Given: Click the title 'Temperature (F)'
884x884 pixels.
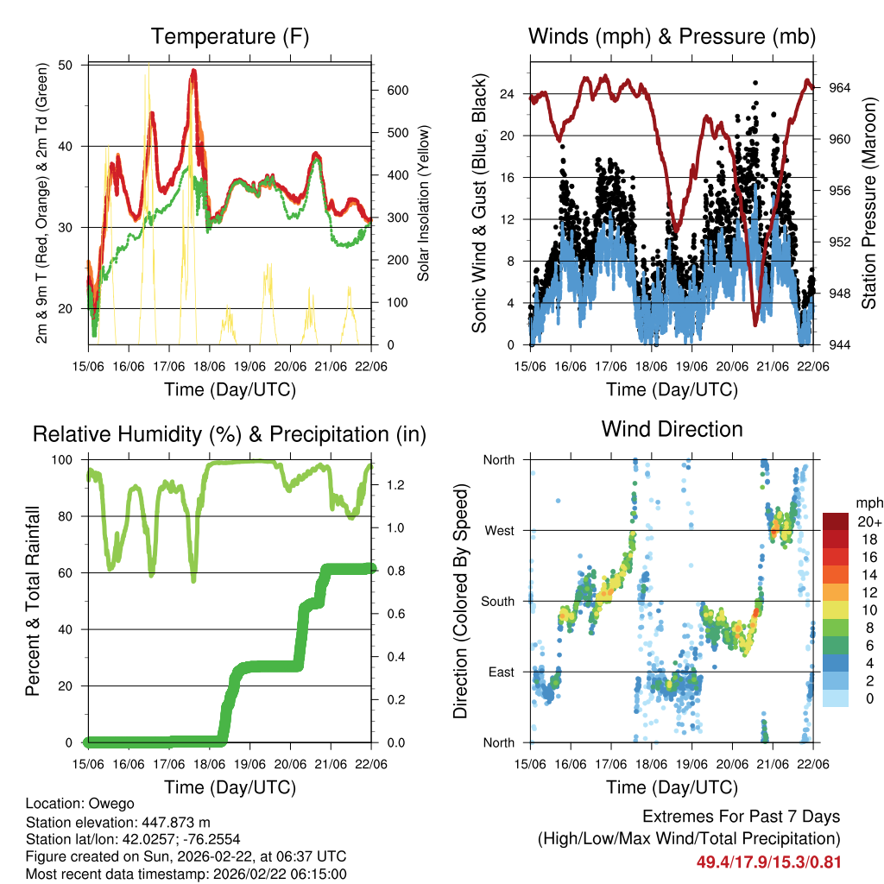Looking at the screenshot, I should click(230, 37).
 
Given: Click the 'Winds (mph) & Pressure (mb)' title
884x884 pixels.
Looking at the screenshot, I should click(672, 37).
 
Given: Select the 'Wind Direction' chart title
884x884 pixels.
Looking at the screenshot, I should click(672, 429).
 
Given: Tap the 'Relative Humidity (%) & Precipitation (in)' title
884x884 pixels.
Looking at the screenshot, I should click(230, 434).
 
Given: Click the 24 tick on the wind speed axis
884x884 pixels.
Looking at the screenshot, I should click(508, 93).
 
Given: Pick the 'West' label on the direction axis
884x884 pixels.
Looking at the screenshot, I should click(498, 530).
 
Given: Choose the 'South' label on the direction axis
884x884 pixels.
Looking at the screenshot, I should click(496, 601).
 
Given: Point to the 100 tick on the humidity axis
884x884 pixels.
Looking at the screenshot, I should click(67, 460).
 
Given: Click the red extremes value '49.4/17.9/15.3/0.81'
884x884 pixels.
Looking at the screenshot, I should click(768, 862).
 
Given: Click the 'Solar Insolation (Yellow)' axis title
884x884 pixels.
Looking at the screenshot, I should click(423, 203).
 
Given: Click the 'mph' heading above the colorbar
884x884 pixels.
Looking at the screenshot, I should click(868, 503).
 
